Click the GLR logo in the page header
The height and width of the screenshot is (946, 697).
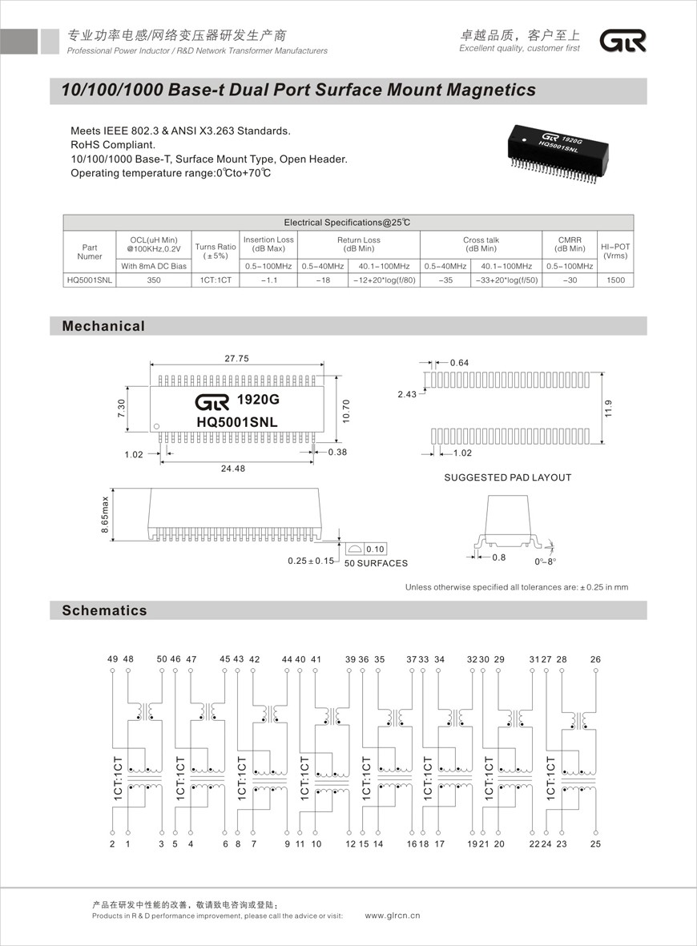coord(623,42)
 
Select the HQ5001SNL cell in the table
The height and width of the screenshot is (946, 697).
coord(90,280)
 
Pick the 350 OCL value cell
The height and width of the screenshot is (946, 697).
coord(154,280)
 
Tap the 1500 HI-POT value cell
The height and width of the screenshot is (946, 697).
coord(615,280)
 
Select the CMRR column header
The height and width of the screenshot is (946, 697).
coord(569,244)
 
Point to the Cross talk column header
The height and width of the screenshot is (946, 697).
coord(481,244)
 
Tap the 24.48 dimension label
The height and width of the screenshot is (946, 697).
coord(233,469)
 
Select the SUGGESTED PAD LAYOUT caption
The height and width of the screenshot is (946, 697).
coord(508,477)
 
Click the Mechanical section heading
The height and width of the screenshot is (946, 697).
coord(104,326)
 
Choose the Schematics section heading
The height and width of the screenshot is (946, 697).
coord(105,610)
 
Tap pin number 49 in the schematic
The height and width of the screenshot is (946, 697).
coord(112,659)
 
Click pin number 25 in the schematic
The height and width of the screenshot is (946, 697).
coord(595,843)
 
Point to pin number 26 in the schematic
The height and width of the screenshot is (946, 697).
coord(595,659)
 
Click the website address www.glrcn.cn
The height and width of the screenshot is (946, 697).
coord(393,916)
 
